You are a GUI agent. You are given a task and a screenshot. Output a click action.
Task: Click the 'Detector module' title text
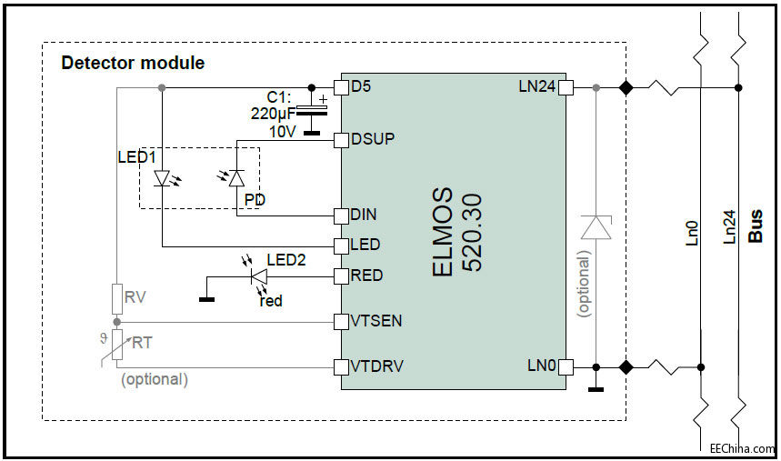[133, 64]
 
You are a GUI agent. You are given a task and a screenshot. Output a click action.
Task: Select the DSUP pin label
[374, 139]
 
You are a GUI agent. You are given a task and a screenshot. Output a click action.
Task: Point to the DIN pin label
[365, 215]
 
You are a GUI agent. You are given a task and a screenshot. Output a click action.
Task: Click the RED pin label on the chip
[367, 276]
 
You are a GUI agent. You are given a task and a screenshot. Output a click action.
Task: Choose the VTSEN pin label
[376, 321]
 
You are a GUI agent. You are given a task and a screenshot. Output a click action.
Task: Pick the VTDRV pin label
[377, 366]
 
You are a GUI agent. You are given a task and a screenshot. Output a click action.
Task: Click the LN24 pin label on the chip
[536, 87]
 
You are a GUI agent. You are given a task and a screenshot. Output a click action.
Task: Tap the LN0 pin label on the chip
[541, 366]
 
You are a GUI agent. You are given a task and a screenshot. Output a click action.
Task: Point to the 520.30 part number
[473, 233]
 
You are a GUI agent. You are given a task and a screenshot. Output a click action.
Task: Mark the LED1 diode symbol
[162, 178]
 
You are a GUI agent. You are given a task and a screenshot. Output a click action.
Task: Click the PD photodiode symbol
[235, 178]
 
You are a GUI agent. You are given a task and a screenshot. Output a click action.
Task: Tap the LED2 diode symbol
[258, 276]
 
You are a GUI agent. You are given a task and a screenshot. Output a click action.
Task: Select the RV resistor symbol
[116, 297]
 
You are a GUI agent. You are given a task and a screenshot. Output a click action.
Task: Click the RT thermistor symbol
[116, 347]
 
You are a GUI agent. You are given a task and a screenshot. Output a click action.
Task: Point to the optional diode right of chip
[596, 227]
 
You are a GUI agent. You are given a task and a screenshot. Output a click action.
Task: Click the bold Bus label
[756, 225]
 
